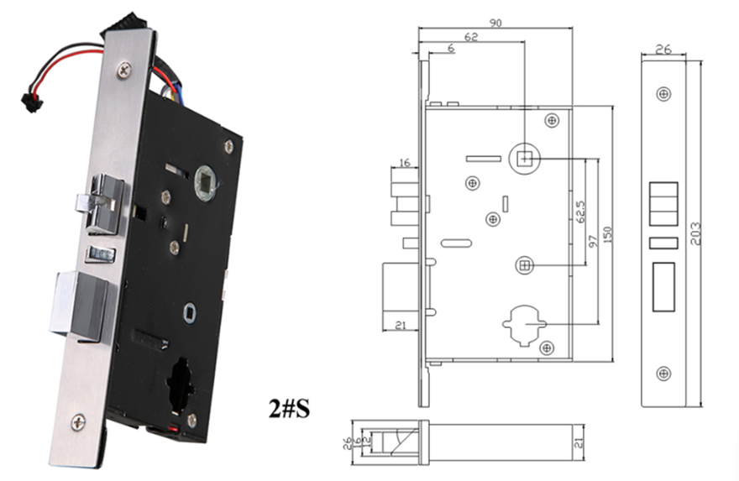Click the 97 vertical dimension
click(595, 242)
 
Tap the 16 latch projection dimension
click(405, 163)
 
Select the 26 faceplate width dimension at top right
click(663, 50)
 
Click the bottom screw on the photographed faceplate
click(79, 423)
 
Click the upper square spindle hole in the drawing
click(525, 157)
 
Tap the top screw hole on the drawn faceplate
click(663, 95)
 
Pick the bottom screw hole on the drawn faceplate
click(663, 373)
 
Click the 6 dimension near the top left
click(452, 50)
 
